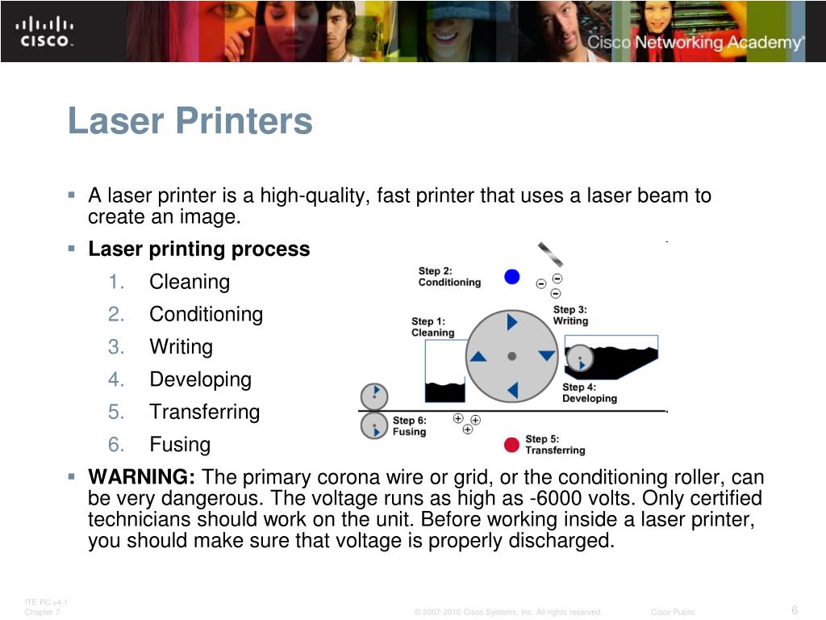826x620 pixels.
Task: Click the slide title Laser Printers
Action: click(x=190, y=122)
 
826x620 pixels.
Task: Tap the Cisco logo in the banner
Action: click(x=45, y=31)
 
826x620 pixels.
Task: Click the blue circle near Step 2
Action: click(x=511, y=277)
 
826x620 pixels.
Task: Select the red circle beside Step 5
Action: click(x=511, y=445)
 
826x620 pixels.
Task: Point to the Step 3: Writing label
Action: click(x=570, y=315)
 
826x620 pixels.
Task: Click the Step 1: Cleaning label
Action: click(x=433, y=327)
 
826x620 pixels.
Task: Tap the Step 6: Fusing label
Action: click(x=409, y=426)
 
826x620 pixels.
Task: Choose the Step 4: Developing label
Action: click(x=589, y=392)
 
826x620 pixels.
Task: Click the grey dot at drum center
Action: click(x=511, y=356)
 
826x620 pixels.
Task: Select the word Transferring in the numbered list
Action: click(x=205, y=412)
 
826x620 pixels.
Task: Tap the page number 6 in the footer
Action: click(x=795, y=610)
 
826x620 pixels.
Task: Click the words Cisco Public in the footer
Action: click(x=672, y=612)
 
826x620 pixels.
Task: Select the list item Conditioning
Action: click(x=206, y=314)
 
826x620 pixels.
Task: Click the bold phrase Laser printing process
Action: click(x=198, y=249)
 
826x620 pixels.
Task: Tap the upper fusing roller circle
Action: click(x=373, y=396)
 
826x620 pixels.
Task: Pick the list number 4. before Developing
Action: click(x=117, y=379)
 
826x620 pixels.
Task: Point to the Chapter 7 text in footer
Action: click(x=42, y=612)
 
